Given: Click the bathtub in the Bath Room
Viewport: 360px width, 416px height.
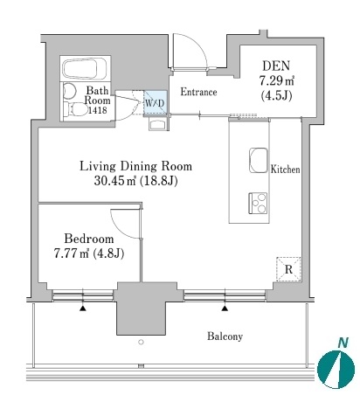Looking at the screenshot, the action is click(x=85, y=68).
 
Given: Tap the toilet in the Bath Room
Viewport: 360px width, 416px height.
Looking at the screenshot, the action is click(x=76, y=109).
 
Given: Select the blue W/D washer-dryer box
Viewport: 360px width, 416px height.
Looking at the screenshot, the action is click(x=156, y=102).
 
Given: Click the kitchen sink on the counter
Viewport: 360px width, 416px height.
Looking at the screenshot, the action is click(x=259, y=160).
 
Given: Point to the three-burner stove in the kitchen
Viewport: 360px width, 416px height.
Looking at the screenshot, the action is click(x=258, y=203).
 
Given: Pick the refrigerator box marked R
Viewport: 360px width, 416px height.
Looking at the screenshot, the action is click(x=288, y=269).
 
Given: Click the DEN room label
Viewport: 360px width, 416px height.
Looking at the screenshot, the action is click(x=276, y=66).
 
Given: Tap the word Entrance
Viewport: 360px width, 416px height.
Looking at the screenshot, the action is click(x=198, y=92).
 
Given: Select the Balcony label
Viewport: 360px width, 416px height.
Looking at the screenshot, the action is click(x=225, y=336).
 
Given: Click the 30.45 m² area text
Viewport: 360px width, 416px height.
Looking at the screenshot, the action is click(x=115, y=181).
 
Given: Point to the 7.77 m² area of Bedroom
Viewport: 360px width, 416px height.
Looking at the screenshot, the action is click(x=72, y=253).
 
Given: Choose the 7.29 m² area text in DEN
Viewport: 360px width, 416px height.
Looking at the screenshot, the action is click(x=276, y=80).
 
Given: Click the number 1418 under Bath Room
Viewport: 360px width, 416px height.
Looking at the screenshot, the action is click(x=98, y=110).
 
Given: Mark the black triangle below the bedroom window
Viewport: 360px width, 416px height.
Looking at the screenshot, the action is click(x=83, y=309).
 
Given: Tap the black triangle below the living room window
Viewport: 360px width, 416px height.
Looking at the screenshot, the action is click(x=225, y=309).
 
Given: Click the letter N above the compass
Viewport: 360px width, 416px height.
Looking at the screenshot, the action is click(x=343, y=343).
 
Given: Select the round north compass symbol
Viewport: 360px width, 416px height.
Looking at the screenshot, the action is click(x=336, y=370).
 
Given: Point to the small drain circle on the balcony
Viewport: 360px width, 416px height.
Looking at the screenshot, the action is click(x=141, y=343).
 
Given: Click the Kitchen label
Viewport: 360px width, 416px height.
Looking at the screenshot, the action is click(x=285, y=170).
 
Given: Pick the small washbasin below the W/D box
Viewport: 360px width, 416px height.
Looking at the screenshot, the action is click(x=158, y=125).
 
